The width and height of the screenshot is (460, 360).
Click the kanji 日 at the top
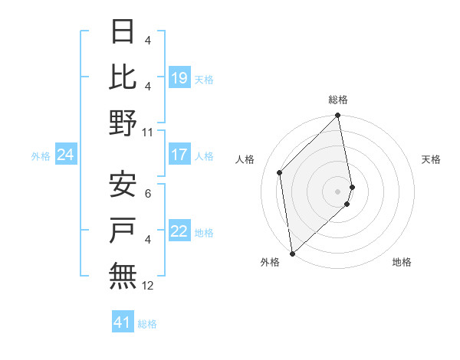[123, 32]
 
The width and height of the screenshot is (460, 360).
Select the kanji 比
[123, 77]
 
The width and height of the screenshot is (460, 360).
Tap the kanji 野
[123, 122]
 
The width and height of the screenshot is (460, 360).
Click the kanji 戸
[123, 229]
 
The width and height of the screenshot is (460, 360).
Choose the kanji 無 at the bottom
[123, 274]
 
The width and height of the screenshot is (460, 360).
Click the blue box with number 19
[179, 77]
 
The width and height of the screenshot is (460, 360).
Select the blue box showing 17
[179, 155]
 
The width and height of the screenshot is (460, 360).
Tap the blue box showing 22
[179, 232]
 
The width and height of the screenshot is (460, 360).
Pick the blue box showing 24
[66, 155]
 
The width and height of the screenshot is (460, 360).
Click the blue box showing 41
[123, 322]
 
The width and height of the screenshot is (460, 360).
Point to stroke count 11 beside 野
[148, 132]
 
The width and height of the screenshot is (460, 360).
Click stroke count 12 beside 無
[148, 286]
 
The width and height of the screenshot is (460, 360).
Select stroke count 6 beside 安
[148, 194]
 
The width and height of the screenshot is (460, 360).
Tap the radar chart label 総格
[338, 100]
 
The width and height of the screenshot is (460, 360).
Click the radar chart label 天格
[431, 159]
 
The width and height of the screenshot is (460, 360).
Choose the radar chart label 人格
[245, 159]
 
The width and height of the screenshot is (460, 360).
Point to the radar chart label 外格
[270, 262]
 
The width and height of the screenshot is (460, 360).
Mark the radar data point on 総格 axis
[338, 116]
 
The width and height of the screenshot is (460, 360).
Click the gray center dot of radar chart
[338, 191]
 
